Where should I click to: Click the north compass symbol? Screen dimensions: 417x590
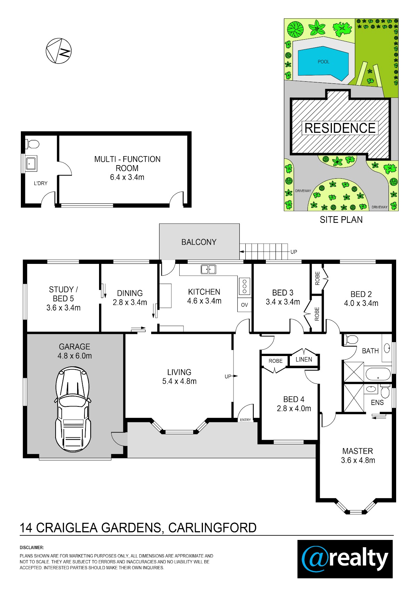pyautogui.click(x=59, y=51)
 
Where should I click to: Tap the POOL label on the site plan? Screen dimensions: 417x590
pyautogui.click(x=323, y=62)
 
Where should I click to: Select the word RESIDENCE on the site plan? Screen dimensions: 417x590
pyautogui.click(x=340, y=128)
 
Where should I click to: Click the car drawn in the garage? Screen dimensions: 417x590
pyautogui.click(x=73, y=409)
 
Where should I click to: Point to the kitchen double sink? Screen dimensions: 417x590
pyautogui.click(x=208, y=269)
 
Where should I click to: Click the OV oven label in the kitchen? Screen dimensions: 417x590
pyautogui.click(x=244, y=305)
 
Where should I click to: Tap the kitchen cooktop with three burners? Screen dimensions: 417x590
pyautogui.click(x=245, y=286)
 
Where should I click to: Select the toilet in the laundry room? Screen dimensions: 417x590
pyautogui.click(x=32, y=144)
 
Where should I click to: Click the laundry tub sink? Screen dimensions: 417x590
pyautogui.click(x=31, y=163)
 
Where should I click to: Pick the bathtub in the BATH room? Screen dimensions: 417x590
pyautogui.click(x=378, y=374)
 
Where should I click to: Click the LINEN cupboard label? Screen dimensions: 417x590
pyautogui.click(x=303, y=359)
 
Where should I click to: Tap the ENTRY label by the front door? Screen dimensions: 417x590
pyautogui.click(x=245, y=420)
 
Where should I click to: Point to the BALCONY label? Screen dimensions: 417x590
pyautogui.click(x=199, y=242)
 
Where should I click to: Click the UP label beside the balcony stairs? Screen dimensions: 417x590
pyautogui.click(x=294, y=252)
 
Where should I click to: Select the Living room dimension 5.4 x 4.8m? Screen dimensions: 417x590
pyautogui.click(x=179, y=381)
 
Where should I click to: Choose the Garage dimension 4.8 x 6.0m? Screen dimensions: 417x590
pyautogui.click(x=74, y=356)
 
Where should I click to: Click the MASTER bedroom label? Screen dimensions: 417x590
pyautogui.click(x=358, y=451)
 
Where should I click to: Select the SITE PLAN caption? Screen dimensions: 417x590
pyautogui.click(x=341, y=220)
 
